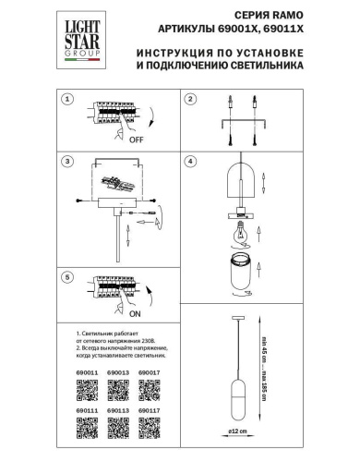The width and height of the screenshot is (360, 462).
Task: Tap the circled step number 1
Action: click(x=66, y=100)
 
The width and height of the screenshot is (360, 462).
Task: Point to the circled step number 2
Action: click(x=189, y=100)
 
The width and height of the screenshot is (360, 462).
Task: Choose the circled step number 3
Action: click(x=66, y=162)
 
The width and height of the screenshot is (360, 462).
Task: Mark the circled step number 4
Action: click(x=189, y=162)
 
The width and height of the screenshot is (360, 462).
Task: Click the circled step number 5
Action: click(x=66, y=277)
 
